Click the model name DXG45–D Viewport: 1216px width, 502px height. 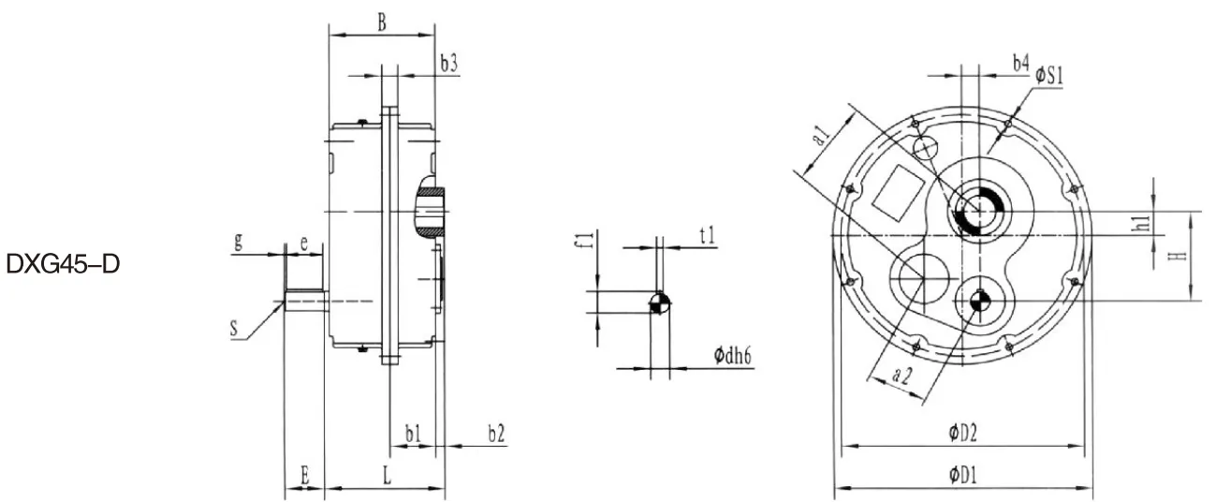[63, 265]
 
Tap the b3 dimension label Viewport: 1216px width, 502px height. [448, 63]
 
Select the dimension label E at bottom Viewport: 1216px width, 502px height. [304, 475]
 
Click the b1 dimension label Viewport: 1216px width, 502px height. [413, 434]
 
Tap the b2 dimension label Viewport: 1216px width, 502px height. [496, 434]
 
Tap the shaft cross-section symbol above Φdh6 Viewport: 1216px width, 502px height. [659, 303]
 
